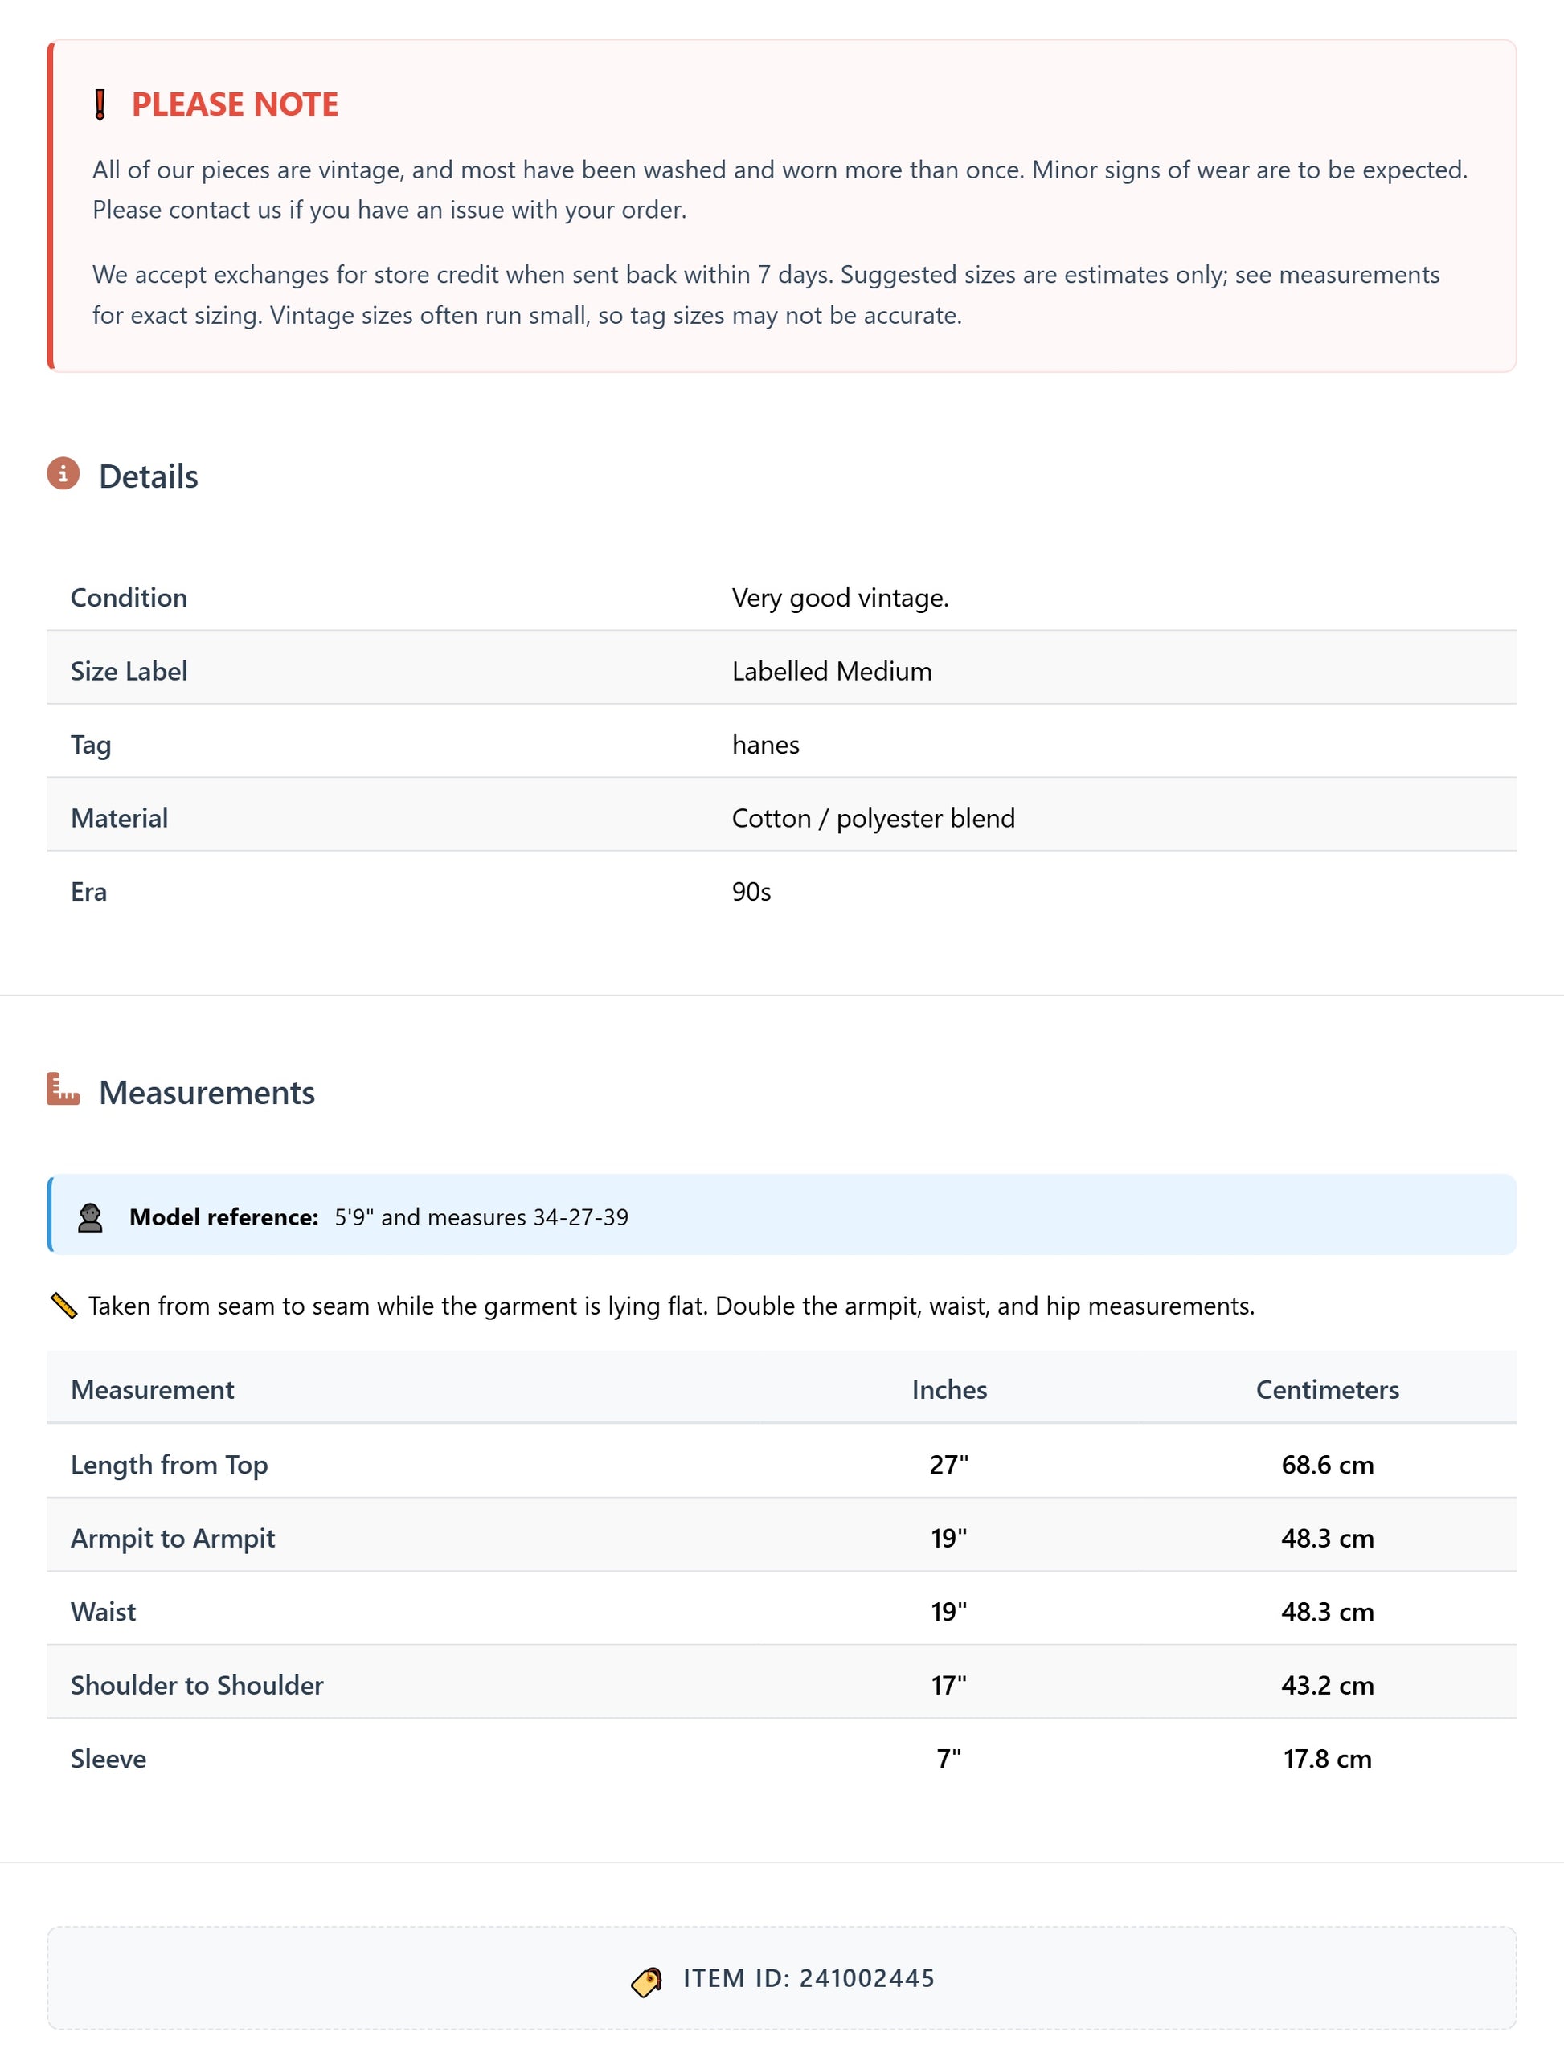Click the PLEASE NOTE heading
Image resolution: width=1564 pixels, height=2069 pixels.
click(235, 104)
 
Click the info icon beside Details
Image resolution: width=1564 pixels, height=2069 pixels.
click(63, 474)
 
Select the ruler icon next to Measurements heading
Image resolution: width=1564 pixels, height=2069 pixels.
click(63, 1090)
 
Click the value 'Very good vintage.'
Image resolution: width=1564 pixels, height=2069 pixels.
click(840, 598)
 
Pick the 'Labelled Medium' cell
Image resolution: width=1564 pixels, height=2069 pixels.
click(832, 671)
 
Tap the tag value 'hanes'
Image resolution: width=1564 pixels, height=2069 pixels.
click(765, 745)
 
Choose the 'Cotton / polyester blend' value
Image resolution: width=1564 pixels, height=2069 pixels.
click(873, 819)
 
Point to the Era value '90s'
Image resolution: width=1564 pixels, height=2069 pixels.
click(751, 891)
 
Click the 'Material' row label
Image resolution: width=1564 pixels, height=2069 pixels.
click(120, 819)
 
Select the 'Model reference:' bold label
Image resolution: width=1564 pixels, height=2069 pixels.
click(223, 1217)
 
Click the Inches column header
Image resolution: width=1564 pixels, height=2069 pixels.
click(948, 1390)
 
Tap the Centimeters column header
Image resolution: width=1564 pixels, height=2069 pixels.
click(1326, 1390)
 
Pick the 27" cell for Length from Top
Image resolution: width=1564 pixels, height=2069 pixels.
click(948, 1465)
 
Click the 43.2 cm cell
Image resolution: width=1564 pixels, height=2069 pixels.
click(1326, 1686)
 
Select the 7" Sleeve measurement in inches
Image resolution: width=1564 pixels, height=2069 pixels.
click(948, 1760)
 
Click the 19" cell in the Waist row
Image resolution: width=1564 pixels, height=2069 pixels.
click(948, 1612)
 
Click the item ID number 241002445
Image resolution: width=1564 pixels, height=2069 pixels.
click(866, 1979)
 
